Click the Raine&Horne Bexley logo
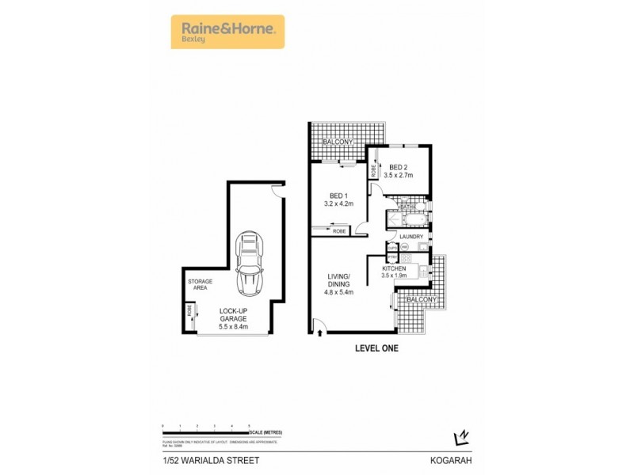(227, 32)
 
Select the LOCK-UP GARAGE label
(235, 313)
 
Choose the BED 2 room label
(399, 167)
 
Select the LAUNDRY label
(413, 237)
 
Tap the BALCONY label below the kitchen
(420, 301)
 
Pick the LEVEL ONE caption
(376, 348)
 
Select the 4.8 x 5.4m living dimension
(339, 292)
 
